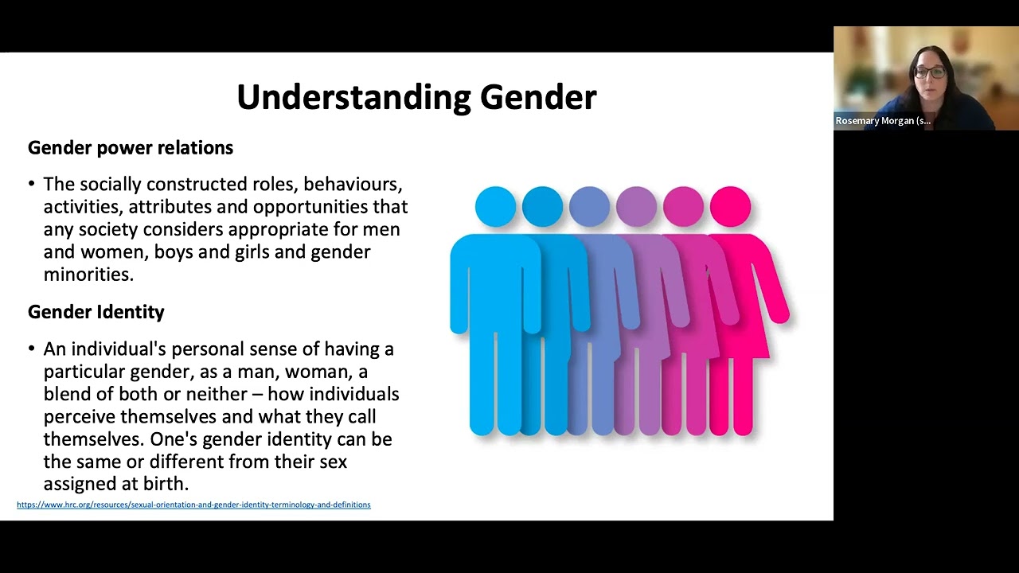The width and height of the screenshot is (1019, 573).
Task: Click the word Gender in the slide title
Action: point(538,97)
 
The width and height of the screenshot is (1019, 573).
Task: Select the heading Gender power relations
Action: point(131,148)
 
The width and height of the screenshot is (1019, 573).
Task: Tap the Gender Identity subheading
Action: point(96,312)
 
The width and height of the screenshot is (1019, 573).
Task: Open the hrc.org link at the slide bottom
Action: point(193,505)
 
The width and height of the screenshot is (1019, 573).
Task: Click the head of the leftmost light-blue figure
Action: point(495,206)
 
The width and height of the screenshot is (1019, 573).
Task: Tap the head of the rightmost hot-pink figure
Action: point(730,206)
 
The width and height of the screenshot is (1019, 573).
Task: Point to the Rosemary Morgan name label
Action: point(882,121)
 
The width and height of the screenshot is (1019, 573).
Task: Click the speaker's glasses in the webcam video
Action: point(931,72)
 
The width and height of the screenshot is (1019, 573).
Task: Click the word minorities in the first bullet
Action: point(88,275)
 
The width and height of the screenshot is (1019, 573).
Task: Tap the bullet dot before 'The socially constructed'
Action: point(32,185)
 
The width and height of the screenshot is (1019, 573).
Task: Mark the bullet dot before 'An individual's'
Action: point(32,349)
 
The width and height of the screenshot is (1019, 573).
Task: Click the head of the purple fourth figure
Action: point(636,206)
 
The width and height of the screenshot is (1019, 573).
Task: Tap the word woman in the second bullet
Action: point(316,372)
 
